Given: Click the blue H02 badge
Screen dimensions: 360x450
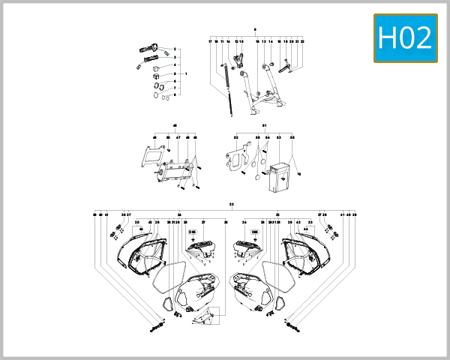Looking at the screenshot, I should pos(406,37).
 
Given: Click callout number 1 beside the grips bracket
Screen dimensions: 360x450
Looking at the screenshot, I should pos(185,74).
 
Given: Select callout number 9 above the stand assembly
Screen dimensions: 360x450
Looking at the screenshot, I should pos(255,29).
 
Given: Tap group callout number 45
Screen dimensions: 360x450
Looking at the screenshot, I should pos(175,125).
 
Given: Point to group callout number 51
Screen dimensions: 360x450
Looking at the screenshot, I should pos(265,125).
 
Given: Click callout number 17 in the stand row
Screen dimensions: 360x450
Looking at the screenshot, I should pos(210,42).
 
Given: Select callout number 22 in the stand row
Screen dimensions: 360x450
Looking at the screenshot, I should pos(302,42).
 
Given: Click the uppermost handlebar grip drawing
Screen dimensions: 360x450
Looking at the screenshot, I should pos(148,49).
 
